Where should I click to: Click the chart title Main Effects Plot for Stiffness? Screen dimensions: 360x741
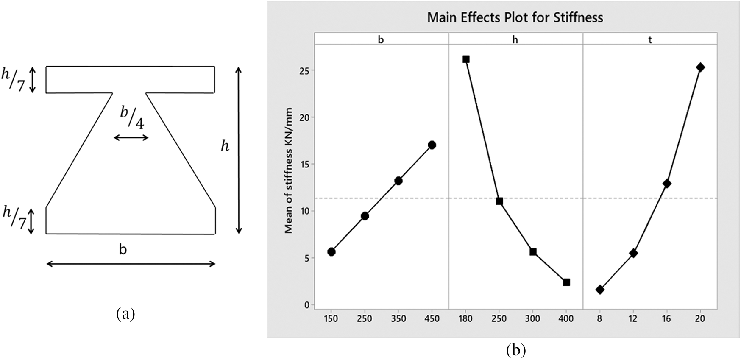point(515,17)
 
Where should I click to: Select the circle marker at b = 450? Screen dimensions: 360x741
point(432,145)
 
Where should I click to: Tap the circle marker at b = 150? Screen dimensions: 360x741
point(331,252)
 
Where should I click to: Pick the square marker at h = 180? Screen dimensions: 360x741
point(466,59)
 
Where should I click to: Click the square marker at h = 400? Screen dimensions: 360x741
point(566,282)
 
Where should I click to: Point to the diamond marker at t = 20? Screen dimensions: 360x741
point(700,67)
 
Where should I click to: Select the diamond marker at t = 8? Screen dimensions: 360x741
point(600,290)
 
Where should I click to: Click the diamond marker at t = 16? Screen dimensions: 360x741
point(667,184)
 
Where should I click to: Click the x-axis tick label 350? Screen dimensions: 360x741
point(398,319)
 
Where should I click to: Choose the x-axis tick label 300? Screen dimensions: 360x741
point(533,319)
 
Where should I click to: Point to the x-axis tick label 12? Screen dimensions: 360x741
point(633,319)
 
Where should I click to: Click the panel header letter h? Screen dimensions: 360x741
point(515,40)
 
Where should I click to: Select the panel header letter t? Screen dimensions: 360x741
point(650,40)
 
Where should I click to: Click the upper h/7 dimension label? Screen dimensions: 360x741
point(13,79)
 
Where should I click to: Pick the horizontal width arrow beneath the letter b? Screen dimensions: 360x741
point(131,264)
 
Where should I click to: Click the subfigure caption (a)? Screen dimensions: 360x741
point(125,314)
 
